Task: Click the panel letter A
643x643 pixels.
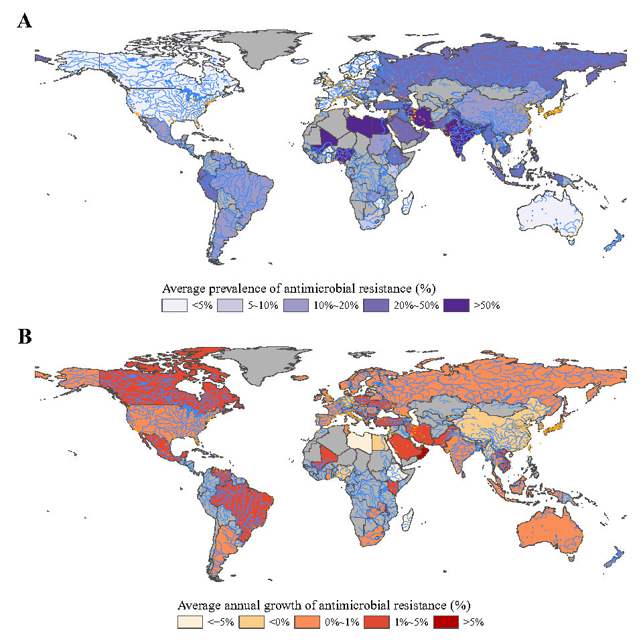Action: [x=25, y=21]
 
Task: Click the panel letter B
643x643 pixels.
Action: [x=25, y=336]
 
